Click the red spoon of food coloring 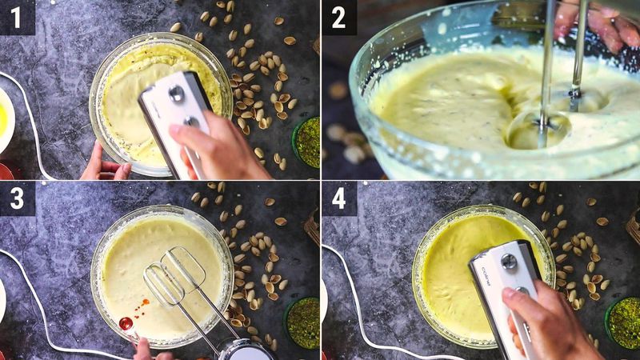click(x=126, y=323)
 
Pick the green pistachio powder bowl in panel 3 click(x=303, y=322)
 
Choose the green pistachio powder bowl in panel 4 click(x=624, y=322)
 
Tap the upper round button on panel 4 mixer click(x=508, y=261)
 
